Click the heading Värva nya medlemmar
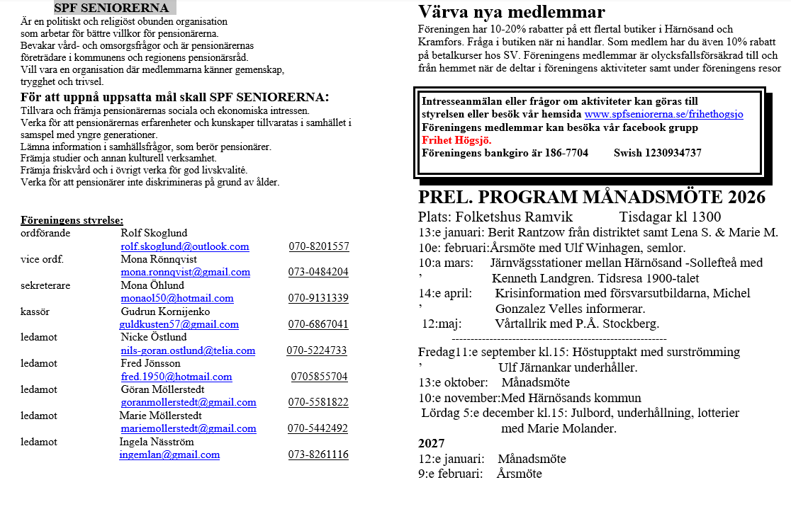tap(511, 12)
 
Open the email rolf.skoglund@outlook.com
tap(184, 246)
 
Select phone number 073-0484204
tap(318, 272)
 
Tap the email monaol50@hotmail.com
tap(176, 298)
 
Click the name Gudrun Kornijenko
tap(164, 311)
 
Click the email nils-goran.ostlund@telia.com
tap(188, 350)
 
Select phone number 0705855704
tap(320, 377)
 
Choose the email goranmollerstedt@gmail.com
tap(188, 402)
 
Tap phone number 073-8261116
tap(318, 454)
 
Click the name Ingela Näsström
tap(156, 442)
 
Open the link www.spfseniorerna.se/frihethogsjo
tap(663, 114)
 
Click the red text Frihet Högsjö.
tap(456, 140)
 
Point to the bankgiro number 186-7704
tap(566, 153)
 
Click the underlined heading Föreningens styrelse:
tap(72, 220)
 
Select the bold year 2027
tap(432, 443)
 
